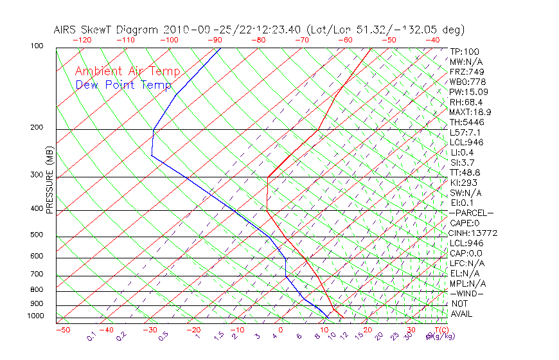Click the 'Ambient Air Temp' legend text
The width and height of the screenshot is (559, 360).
[127, 71]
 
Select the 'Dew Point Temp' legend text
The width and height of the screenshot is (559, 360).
[123, 85]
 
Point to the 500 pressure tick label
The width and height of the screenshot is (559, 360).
[36, 235]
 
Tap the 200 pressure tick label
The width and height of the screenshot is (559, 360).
[36, 127]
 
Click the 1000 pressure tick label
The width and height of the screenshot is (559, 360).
[35, 316]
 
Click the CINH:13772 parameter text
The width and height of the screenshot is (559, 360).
[473, 233]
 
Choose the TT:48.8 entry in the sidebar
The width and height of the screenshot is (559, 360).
[465, 172]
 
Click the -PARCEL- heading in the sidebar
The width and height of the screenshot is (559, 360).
[471, 213]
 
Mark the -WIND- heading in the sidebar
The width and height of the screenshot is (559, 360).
[467, 293]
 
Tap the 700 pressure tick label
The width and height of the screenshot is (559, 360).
[36, 274]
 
